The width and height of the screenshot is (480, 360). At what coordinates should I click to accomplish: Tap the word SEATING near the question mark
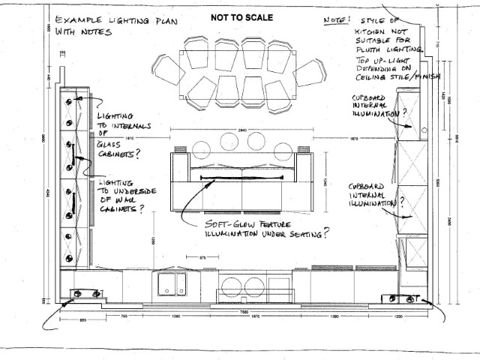301,235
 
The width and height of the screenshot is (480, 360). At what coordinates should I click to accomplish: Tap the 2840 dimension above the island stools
238,130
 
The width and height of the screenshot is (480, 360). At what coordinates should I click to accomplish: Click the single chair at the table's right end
310,73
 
